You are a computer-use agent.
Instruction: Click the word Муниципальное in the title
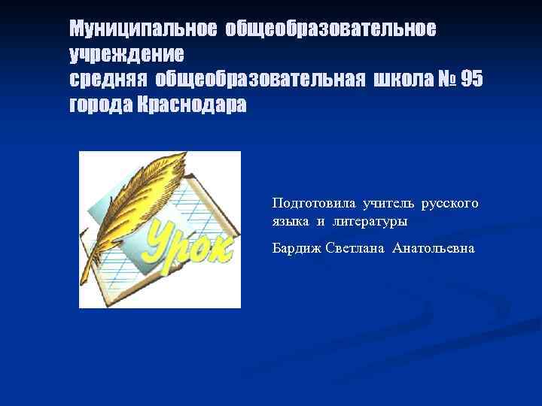pyautogui.click(x=142, y=29)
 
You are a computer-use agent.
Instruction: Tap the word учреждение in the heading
pyautogui.click(x=126, y=55)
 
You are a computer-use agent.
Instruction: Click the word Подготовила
pyautogui.click(x=314, y=203)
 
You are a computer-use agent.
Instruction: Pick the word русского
pyautogui.click(x=449, y=203)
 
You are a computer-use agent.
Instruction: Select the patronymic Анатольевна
pyautogui.click(x=433, y=247)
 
